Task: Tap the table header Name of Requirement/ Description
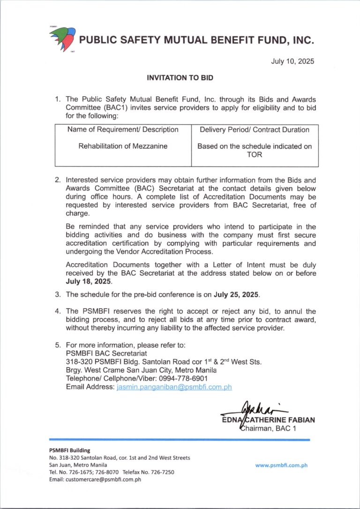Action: (x=123, y=129)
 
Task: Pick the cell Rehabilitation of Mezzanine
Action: (x=123, y=146)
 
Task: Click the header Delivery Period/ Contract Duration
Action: (x=255, y=129)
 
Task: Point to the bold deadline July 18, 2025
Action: (x=89, y=281)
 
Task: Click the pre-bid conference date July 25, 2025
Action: (x=236, y=295)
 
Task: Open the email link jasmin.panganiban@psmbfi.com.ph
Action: (x=174, y=387)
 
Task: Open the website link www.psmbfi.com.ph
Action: (x=281, y=465)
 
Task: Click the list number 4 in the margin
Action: (x=57, y=311)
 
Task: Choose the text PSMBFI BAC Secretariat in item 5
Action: (x=106, y=353)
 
